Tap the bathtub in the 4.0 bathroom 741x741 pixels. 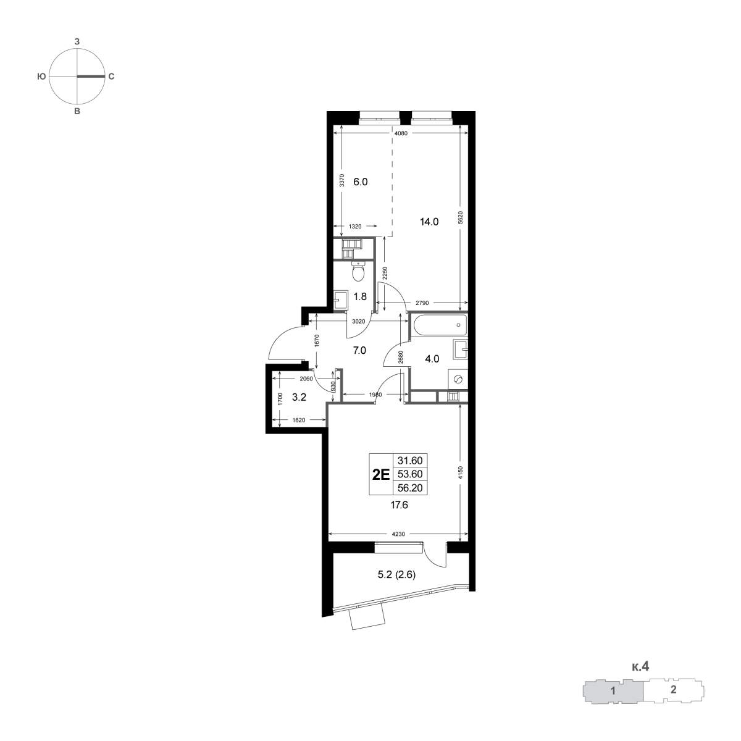point(439,325)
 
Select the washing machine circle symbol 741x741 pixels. point(458,380)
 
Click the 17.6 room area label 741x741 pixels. point(399,505)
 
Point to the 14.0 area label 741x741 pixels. point(429,222)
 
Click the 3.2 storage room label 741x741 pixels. point(299,397)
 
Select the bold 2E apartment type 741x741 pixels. point(381,475)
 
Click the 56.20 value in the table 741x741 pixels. point(410,488)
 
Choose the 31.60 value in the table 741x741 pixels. point(410,460)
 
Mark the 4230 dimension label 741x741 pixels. point(398,534)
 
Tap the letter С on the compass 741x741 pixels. point(111,77)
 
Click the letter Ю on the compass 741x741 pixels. point(41,77)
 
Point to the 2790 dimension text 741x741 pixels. point(422,303)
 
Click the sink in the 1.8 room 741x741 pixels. point(340,299)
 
